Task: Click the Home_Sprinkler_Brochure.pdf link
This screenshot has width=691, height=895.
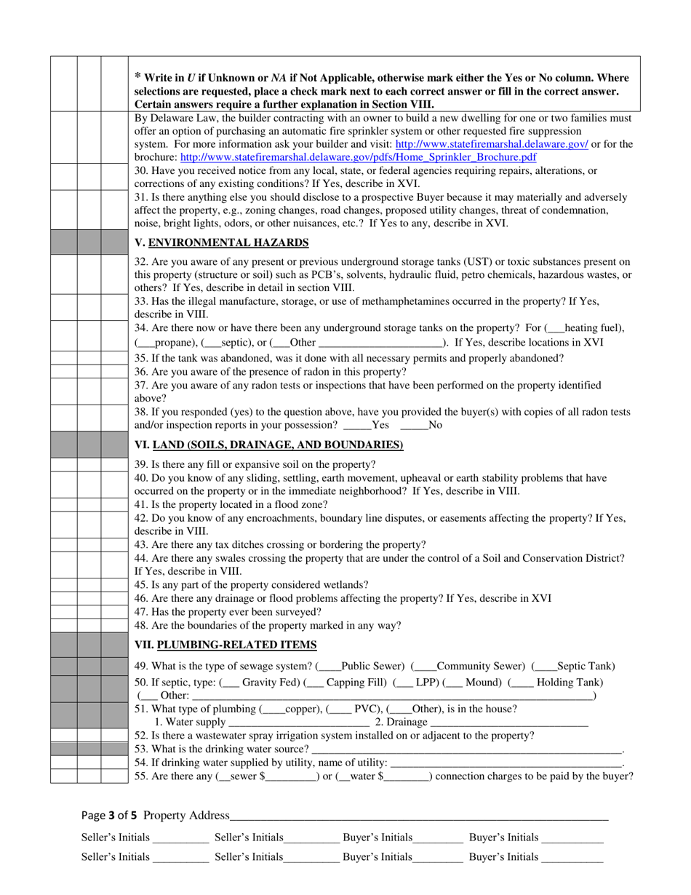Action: (359, 156)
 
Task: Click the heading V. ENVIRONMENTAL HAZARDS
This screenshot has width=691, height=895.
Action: (222, 242)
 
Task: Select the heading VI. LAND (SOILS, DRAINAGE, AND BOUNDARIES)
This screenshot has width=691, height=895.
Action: (269, 444)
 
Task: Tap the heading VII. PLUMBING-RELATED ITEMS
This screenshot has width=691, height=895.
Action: (226, 644)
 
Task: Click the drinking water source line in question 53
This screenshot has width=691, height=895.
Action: (466, 749)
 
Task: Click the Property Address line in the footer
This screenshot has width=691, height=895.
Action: (418, 816)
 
